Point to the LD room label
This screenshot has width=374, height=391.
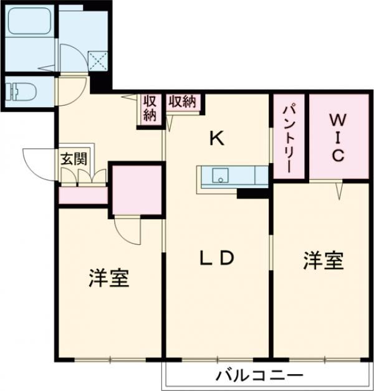click(x=216, y=257)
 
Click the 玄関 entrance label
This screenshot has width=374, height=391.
click(x=74, y=159)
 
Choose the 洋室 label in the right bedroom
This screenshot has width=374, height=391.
click(x=323, y=261)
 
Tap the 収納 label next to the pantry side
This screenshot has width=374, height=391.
click(x=183, y=101)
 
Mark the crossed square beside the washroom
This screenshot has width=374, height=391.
click(x=98, y=61)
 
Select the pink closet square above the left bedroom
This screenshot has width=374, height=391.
click(x=137, y=190)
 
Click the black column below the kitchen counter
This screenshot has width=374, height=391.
click(x=252, y=193)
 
